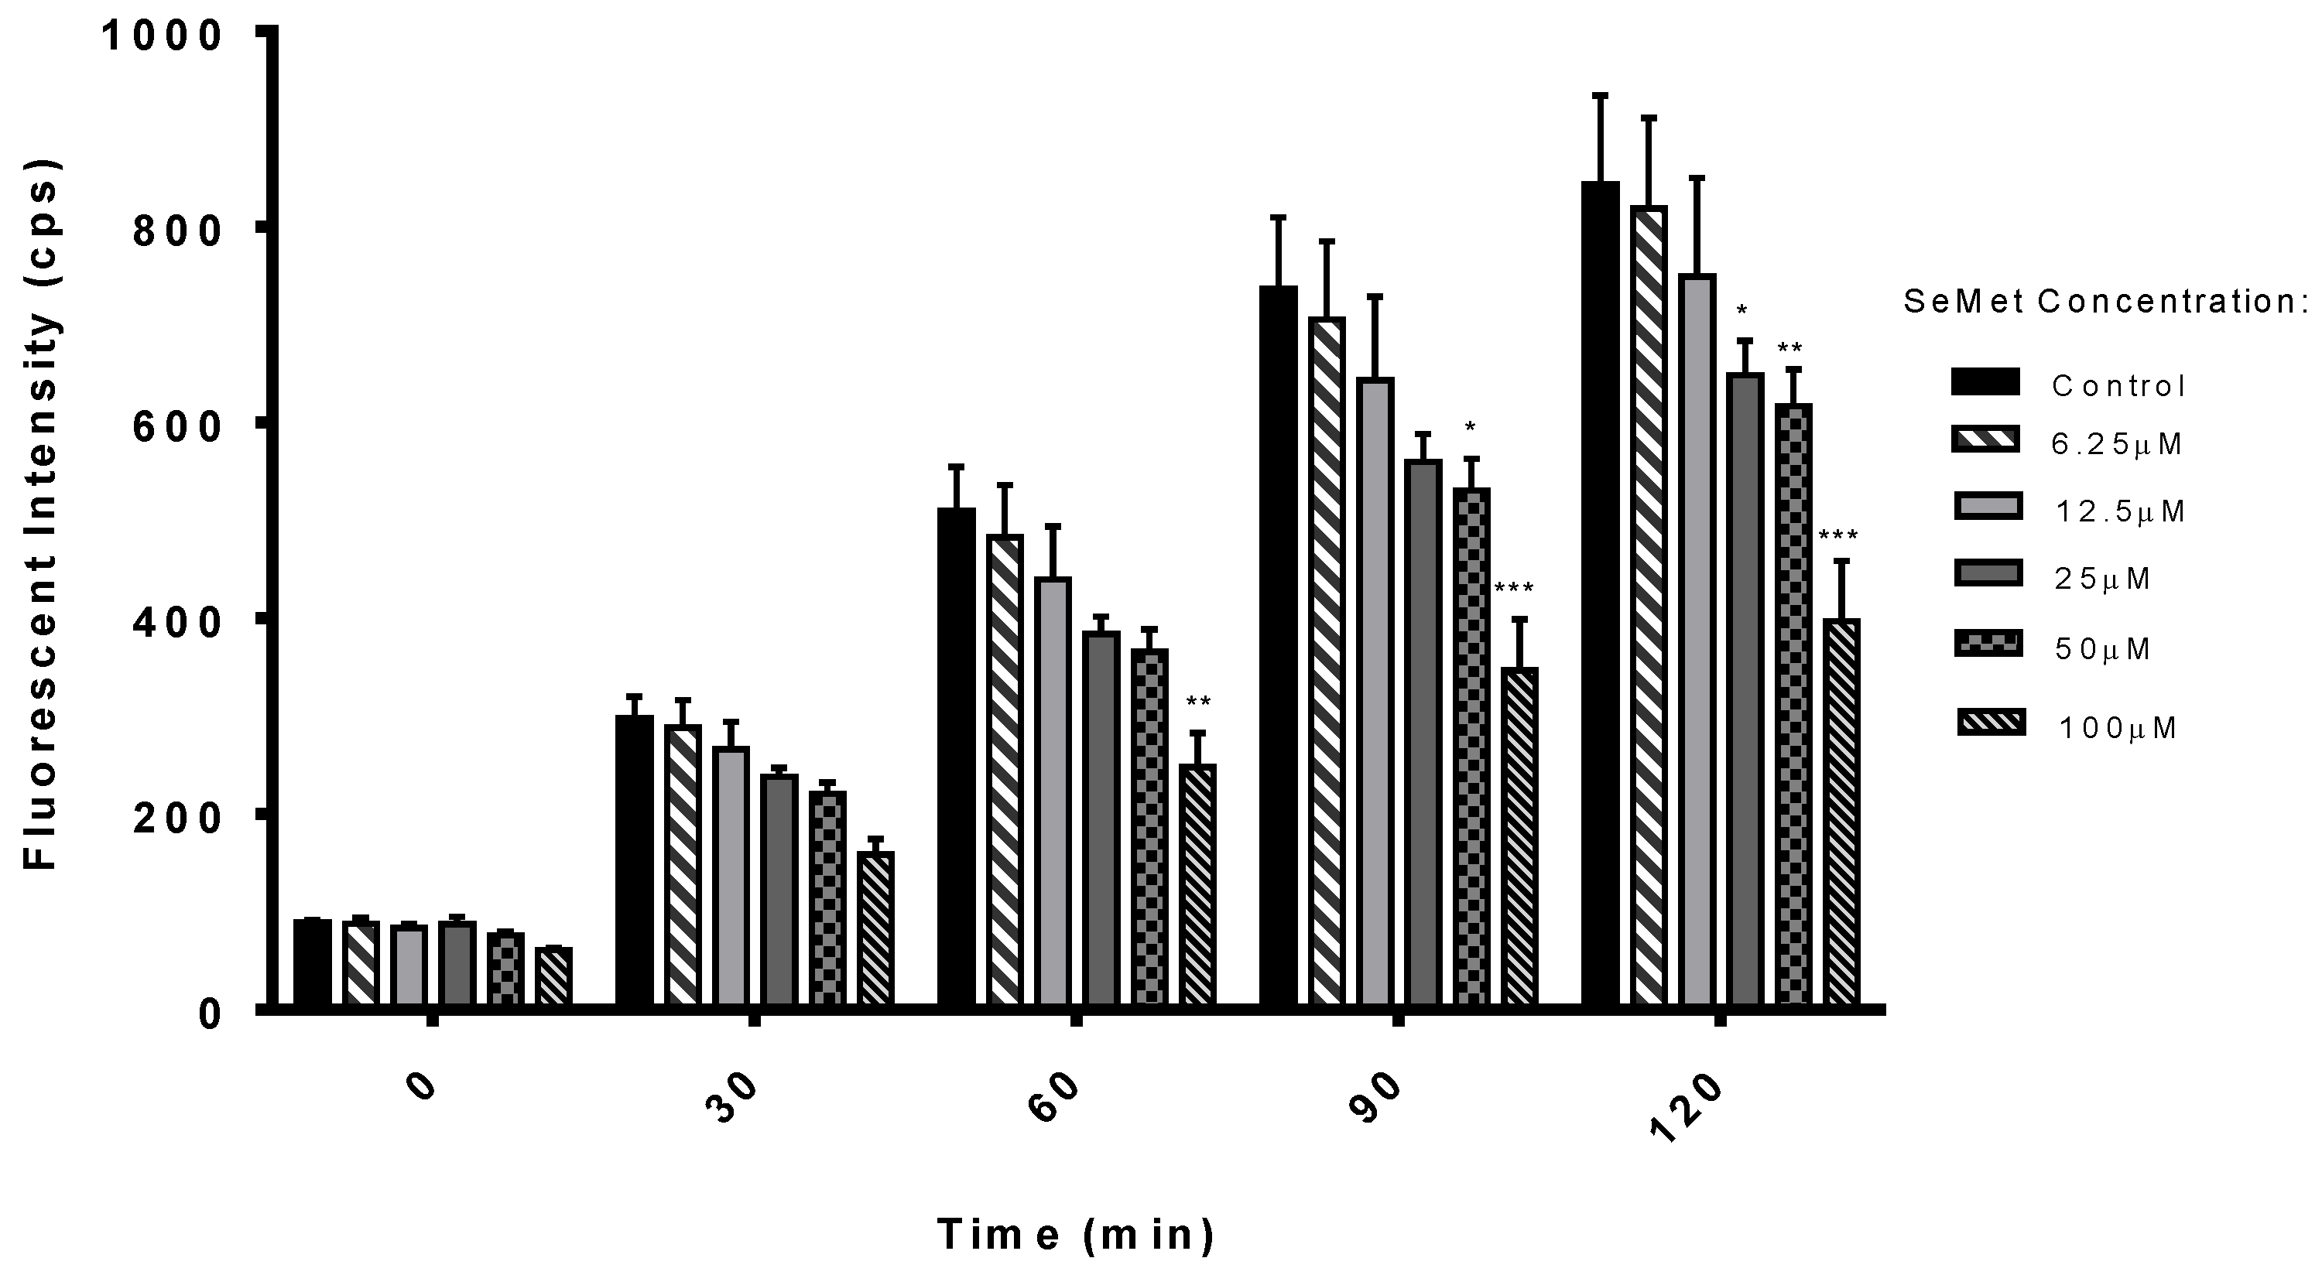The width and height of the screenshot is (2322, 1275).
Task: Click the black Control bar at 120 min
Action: (x=1600, y=595)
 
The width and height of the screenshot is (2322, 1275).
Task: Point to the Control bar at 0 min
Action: (x=313, y=962)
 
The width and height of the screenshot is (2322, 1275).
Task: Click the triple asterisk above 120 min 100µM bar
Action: (x=1838, y=536)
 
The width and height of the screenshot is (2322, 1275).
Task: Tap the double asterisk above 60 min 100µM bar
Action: (x=1198, y=702)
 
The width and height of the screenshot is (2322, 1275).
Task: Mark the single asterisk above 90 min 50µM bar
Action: (x=1470, y=426)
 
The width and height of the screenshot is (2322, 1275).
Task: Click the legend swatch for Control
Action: (x=1985, y=382)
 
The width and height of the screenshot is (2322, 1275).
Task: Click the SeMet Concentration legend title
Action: (x=2109, y=302)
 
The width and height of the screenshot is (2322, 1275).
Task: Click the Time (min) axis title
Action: (x=1075, y=1235)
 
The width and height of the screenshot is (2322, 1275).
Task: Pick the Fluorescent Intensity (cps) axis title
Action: (x=40, y=514)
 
